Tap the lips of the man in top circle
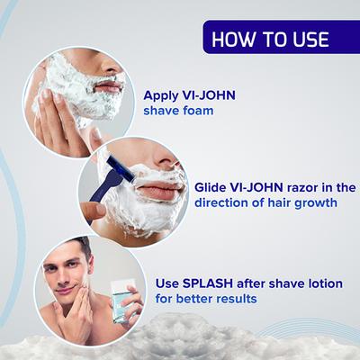[107, 88]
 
